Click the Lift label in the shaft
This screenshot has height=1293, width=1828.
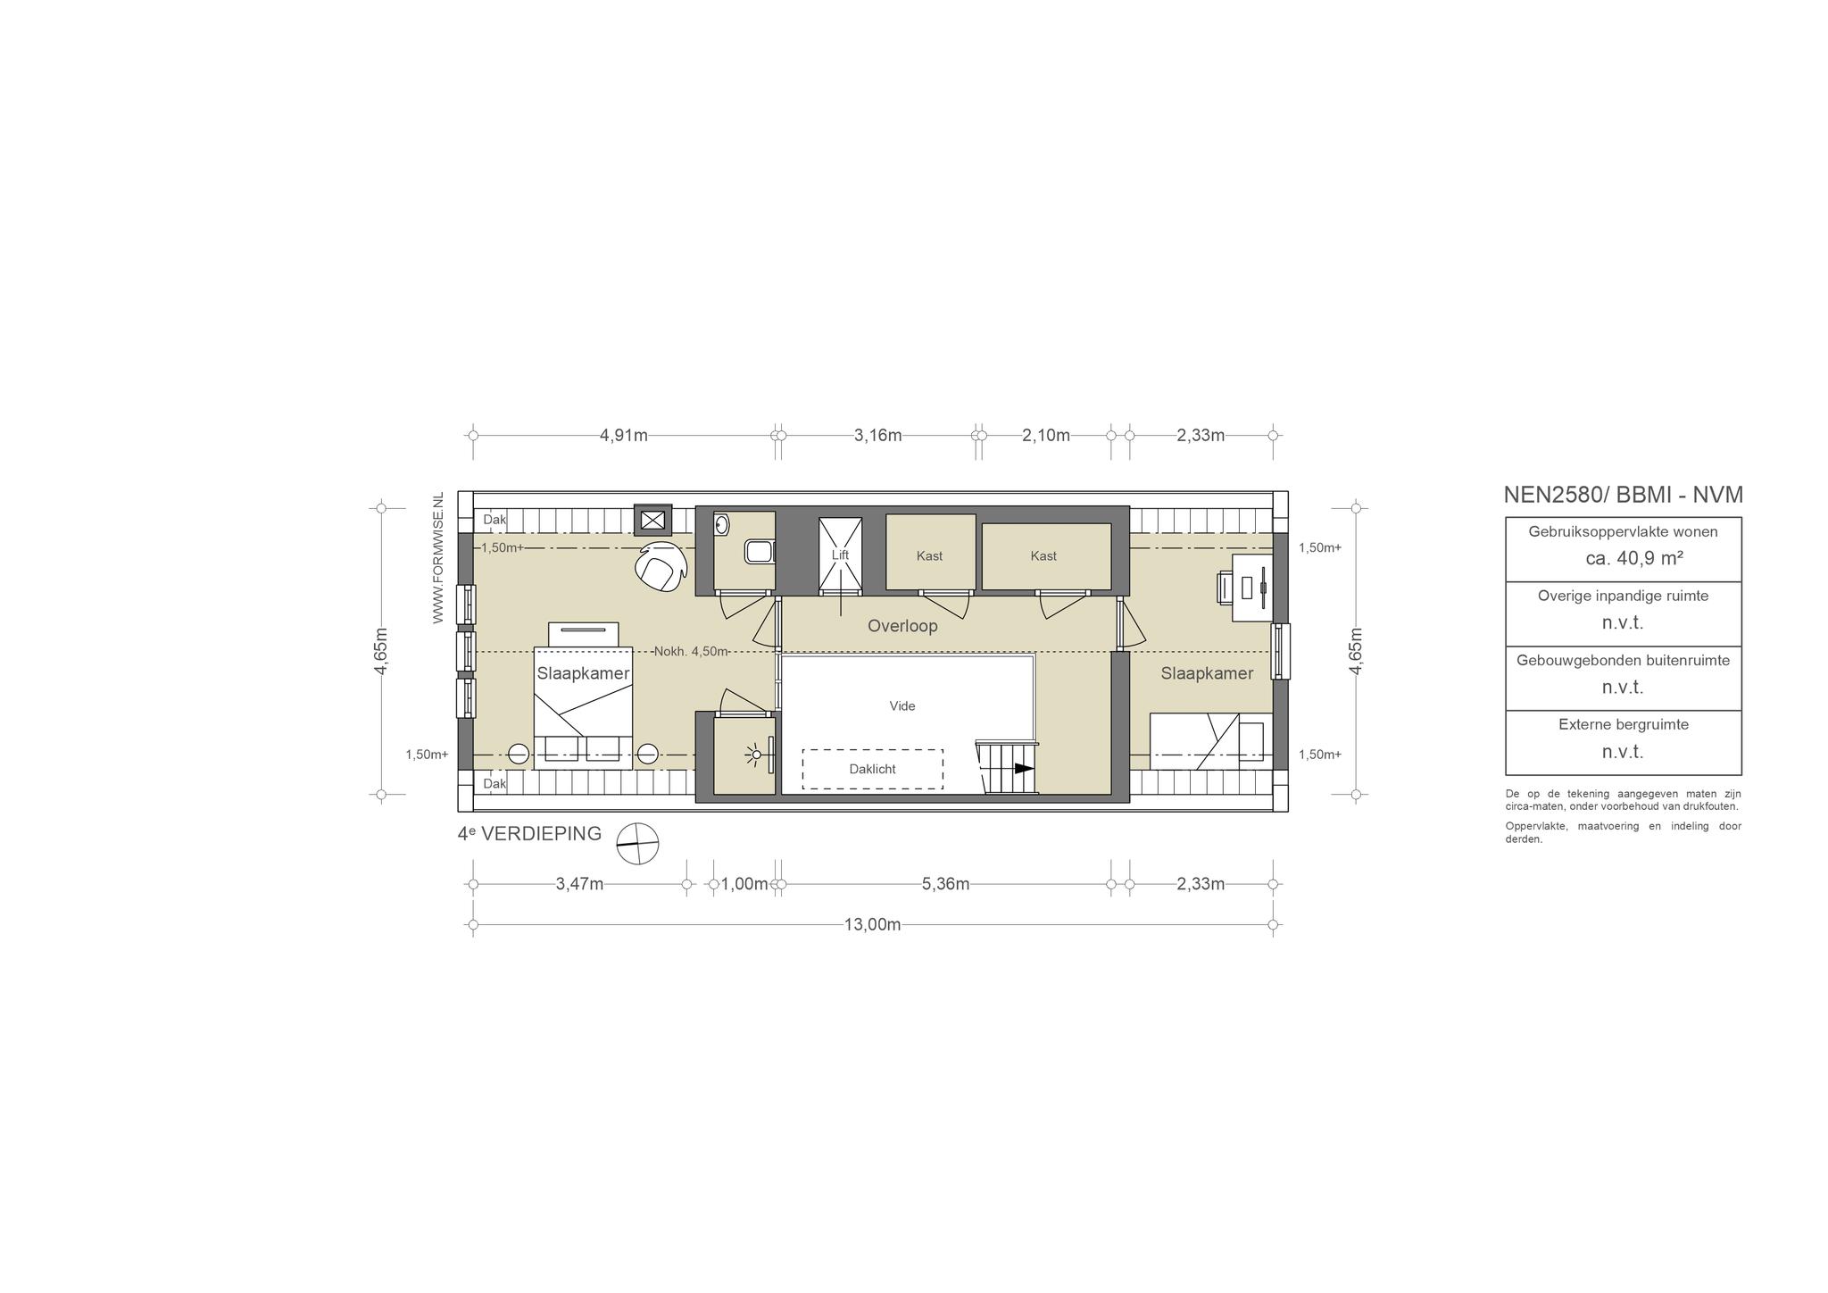(x=840, y=555)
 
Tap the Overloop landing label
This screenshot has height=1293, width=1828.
(x=902, y=626)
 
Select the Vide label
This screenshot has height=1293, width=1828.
(x=902, y=705)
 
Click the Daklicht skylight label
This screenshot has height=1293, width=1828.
(x=872, y=769)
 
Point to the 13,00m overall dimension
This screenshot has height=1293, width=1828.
(x=872, y=924)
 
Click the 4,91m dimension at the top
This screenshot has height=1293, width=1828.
(x=623, y=436)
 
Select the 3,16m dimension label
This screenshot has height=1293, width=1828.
(x=877, y=436)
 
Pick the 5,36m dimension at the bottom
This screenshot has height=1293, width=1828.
(x=945, y=884)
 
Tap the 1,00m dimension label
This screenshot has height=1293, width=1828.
(x=744, y=884)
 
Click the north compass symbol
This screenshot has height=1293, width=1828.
(x=637, y=843)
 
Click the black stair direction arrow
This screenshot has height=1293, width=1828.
(x=1023, y=769)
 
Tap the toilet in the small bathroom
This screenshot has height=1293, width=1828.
(x=760, y=552)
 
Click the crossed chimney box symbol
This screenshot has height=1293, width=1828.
(x=652, y=520)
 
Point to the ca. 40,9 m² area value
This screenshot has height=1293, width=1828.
(x=1622, y=559)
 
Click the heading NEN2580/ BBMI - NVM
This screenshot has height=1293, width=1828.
(x=1623, y=495)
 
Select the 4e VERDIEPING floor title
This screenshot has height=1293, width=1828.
(x=529, y=834)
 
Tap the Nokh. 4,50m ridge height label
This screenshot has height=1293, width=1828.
(x=691, y=652)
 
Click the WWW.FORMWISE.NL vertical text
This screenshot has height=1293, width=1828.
(x=438, y=558)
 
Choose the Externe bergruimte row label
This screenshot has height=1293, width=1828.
(x=1623, y=724)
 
